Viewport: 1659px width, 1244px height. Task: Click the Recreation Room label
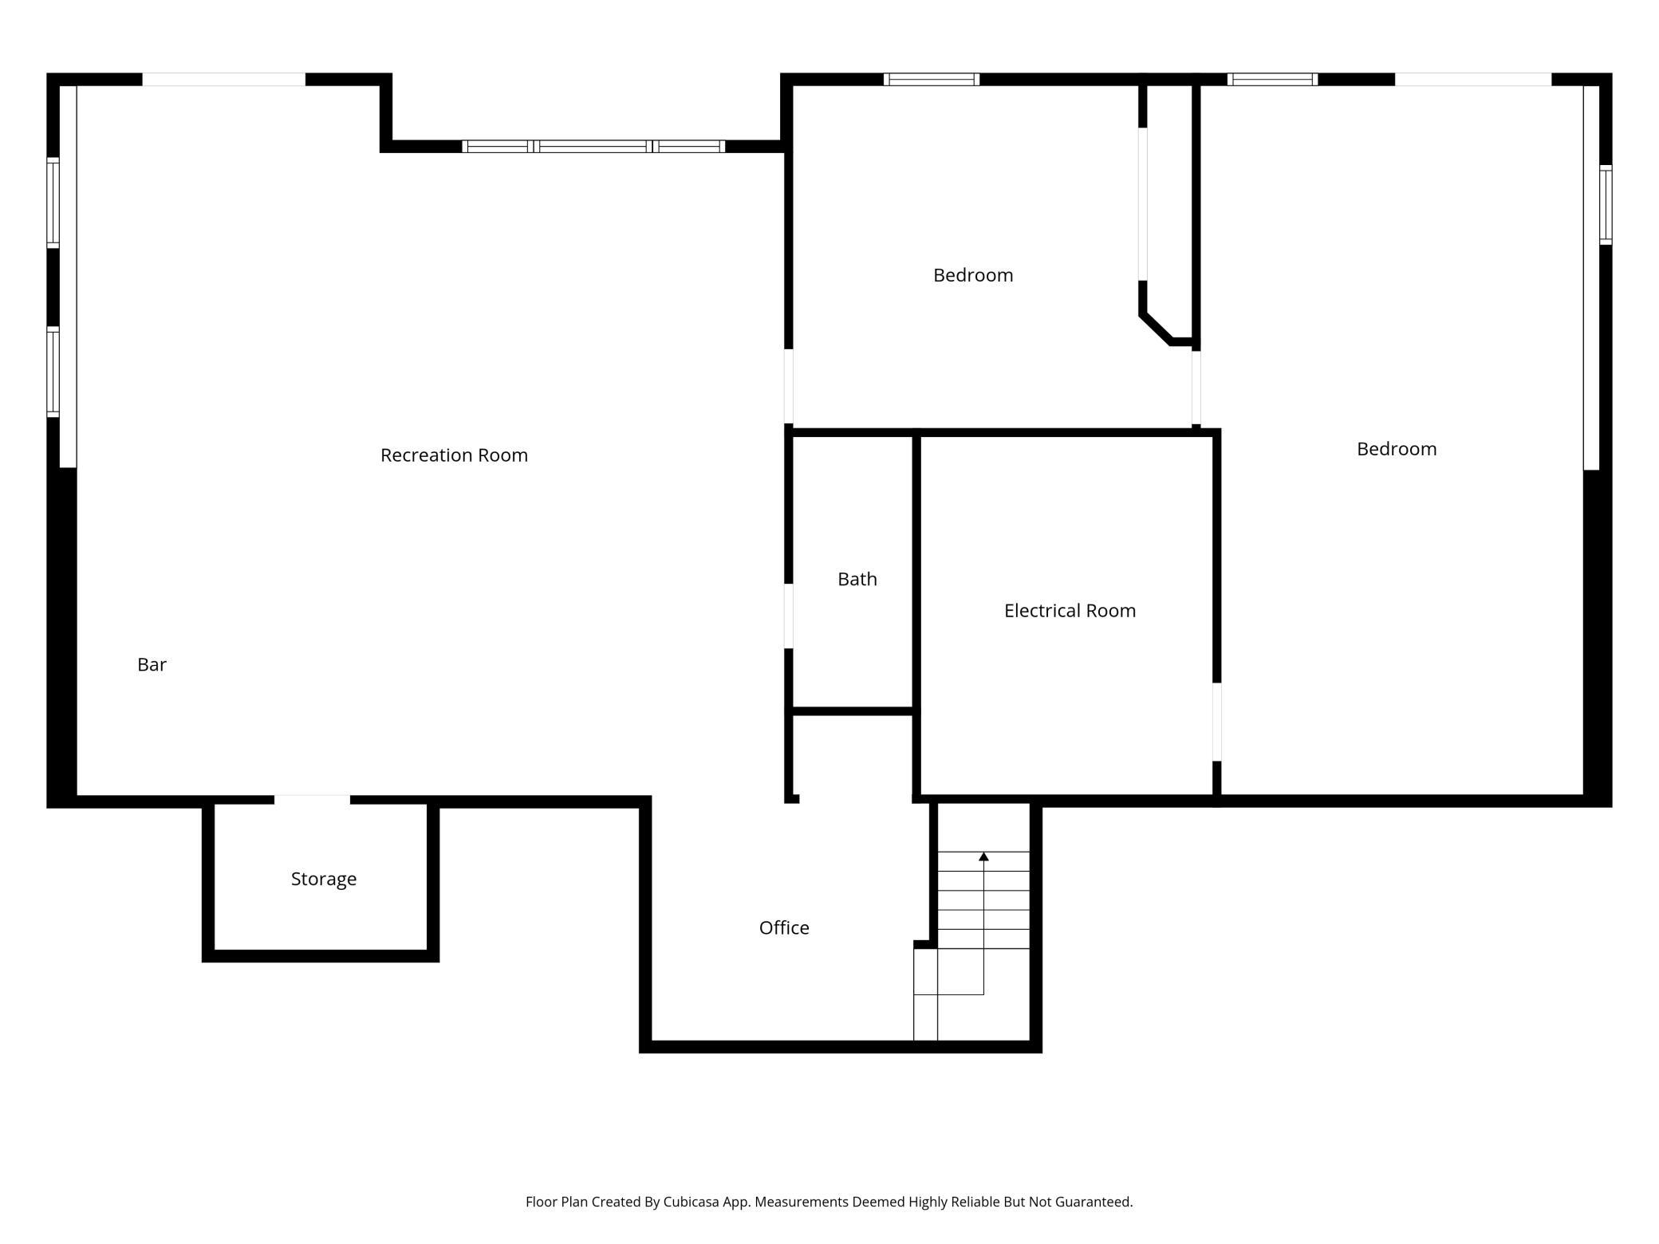coord(454,455)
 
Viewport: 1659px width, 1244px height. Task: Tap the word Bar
coord(152,664)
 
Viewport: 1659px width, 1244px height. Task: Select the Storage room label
coord(324,879)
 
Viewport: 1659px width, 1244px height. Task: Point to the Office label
coord(784,927)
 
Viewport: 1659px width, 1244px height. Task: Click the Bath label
coord(857,579)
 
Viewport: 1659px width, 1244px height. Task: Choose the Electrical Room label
coord(1070,611)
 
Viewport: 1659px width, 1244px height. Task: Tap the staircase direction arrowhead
coord(984,856)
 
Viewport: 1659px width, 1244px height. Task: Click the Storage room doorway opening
coord(312,800)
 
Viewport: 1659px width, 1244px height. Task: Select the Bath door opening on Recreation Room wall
coord(789,616)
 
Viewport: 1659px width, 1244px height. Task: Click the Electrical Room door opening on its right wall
coord(1217,722)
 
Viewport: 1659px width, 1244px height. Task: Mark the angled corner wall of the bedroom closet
coord(1156,329)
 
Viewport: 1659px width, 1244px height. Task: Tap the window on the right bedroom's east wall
coord(1606,205)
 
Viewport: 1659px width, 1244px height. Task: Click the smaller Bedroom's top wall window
coord(932,79)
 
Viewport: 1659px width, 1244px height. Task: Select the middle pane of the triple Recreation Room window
coord(593,146)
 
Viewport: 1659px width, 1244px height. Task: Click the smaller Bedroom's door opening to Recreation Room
coord(789,386)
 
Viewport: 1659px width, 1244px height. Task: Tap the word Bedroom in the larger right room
coord(1397,449)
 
